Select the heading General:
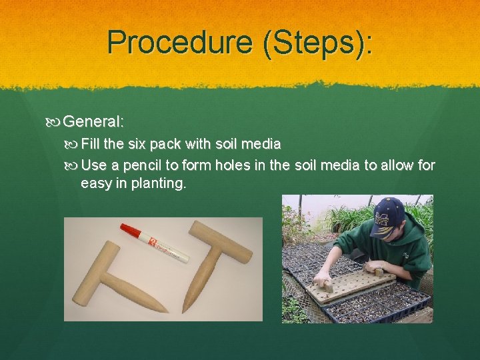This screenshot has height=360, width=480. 95,122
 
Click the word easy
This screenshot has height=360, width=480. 97,183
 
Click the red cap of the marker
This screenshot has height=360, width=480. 132,232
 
